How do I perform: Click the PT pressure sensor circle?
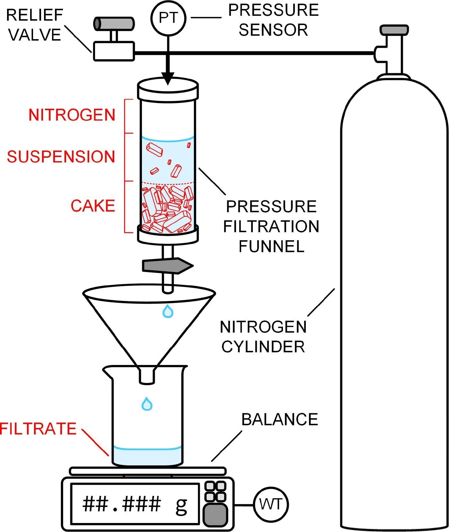point(168,18)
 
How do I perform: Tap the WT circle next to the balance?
point(271,504)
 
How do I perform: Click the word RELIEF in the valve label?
point(35,15)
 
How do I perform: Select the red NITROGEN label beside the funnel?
point(72,115)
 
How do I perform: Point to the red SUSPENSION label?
point(61,157)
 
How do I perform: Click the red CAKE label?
point(93,206)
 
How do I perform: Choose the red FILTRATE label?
point(38,429)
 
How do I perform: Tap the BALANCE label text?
point(280,419)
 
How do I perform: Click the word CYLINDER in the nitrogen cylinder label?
point(263,347)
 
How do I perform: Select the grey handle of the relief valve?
point(114,24)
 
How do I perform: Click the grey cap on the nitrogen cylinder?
point(394,30)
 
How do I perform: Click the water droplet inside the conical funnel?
point(168,311)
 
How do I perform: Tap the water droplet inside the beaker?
point(147,404)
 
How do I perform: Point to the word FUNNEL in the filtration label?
point(272,247)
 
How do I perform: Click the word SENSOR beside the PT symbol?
point(273,30)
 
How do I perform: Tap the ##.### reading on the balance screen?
point(122,504)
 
